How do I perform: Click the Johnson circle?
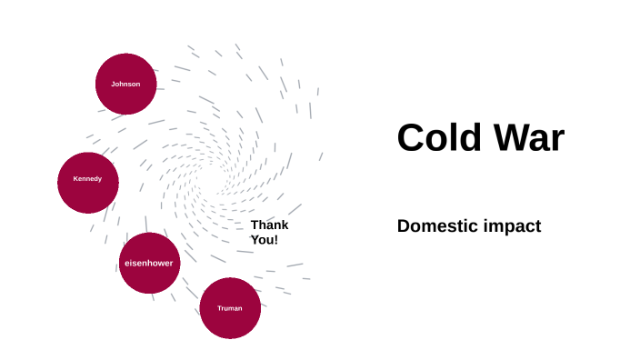tap(125, 84)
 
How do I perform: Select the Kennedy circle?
tap(87, 179)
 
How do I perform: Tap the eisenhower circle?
tap(148, 263)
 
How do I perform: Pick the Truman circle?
tap(230, 308)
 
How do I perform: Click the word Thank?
tap(269, 225)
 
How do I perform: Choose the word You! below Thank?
tap(264, 240)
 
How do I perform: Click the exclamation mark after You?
tap(275, 240)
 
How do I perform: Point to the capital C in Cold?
tap(411, 138)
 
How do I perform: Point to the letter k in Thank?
tap(285, 225)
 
